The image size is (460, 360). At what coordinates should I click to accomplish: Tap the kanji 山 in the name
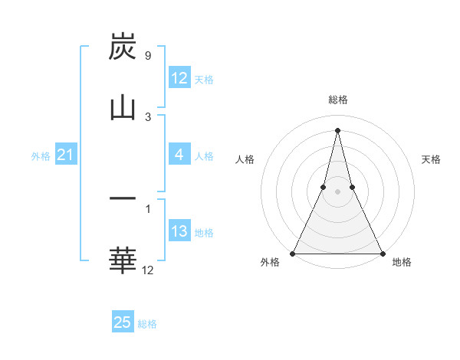coord(123,107)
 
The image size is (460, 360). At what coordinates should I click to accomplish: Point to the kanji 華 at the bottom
coord(123,260)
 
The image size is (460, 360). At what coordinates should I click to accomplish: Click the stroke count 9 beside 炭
coord(147,56)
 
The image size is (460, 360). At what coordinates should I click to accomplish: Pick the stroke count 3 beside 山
coord(147,116)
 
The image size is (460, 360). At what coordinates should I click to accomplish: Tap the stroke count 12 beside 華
coord(148,270)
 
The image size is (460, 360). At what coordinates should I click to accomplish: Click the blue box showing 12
coord(179,78)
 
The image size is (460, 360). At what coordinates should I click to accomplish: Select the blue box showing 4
coord(179,155)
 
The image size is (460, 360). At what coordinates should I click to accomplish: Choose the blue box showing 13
coord(179,231)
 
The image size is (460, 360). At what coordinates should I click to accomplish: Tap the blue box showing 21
coord(65,155)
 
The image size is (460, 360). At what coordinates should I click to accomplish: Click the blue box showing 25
coord(123,322)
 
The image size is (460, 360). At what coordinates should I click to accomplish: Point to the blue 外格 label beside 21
coord(41,156)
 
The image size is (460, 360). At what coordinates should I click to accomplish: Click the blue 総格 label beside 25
coord(147,324)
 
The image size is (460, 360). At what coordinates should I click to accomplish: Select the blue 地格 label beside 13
coord(204,233)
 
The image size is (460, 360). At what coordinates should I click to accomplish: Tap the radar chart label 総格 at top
coord(338,100)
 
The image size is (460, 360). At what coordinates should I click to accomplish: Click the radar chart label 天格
coord(431,159)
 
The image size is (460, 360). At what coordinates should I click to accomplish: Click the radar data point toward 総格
coord(337,129)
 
